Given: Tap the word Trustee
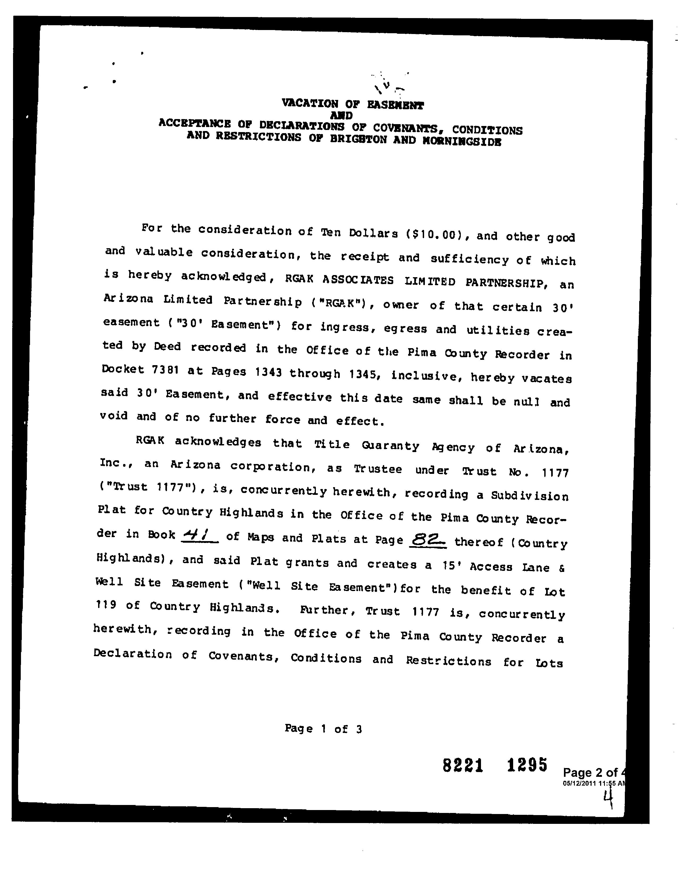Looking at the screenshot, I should pos(378,469).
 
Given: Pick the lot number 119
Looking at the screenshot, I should pos(106,605).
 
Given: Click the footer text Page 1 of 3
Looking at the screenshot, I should pos(323,728).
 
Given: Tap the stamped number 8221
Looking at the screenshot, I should pos(463,766).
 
